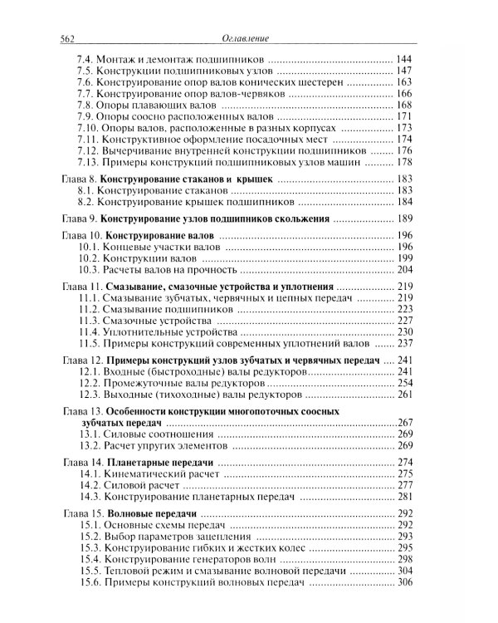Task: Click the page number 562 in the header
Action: click(64, 37)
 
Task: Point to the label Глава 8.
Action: click(81, 179)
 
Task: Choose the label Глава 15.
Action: click(83, 514)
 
